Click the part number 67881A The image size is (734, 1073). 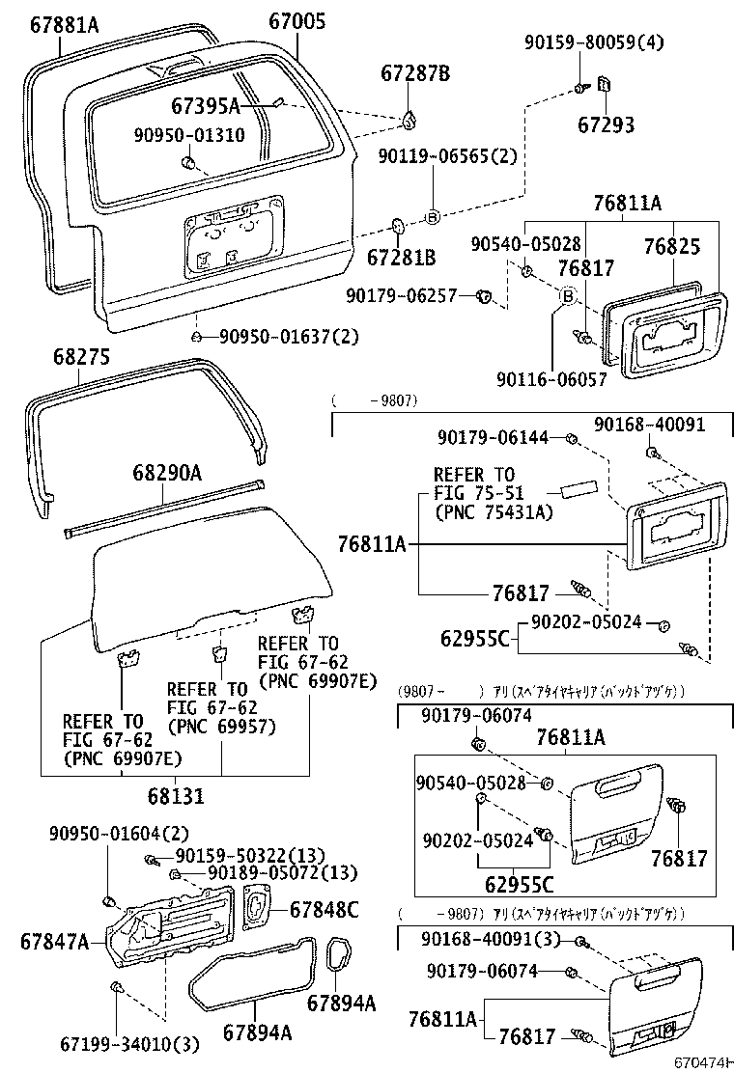coord(57,24)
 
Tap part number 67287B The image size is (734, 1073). coord(415,72)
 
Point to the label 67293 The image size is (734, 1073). coord(607,124)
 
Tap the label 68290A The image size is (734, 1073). coord(167,473)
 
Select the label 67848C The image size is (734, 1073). coord(325,908)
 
